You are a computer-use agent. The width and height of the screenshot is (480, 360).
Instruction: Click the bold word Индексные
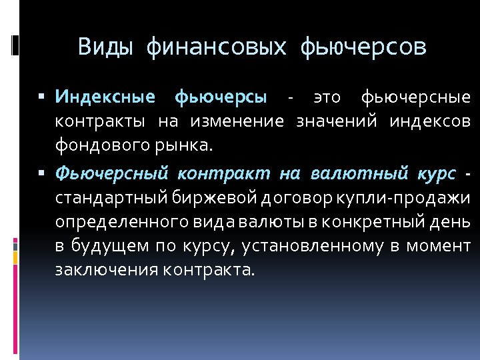(105, 97)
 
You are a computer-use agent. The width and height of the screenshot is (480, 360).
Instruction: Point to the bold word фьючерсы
(221, 97)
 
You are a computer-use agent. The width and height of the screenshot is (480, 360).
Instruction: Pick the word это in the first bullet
(326, 97)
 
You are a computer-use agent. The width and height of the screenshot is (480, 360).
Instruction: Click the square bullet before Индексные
(41, 97)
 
